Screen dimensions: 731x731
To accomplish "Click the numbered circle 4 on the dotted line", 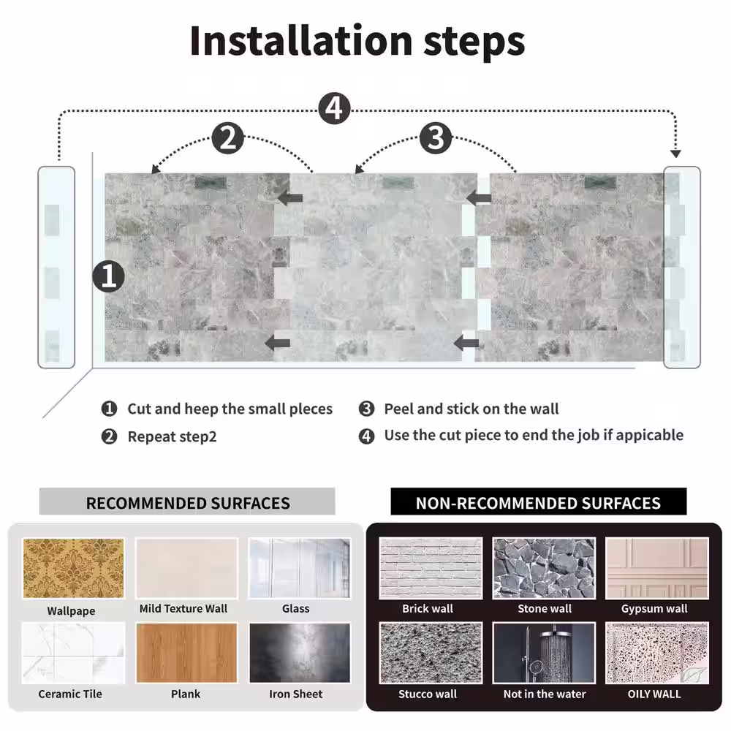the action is (334, 108).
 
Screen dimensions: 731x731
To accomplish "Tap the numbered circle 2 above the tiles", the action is (228, 138).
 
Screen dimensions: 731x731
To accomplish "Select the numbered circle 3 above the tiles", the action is (436, 138).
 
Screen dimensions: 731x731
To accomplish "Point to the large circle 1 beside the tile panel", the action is (109, 276).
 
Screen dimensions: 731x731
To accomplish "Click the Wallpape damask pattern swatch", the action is (73, 568).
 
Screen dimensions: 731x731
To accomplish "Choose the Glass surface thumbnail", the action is (299, 568).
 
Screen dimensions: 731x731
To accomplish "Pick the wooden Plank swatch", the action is (186, 653).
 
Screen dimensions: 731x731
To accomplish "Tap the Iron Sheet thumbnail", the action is (300, 653).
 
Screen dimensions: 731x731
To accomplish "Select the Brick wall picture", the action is (431, 568).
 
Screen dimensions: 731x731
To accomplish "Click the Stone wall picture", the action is (544, 568).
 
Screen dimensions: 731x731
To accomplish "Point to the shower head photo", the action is (544, 653).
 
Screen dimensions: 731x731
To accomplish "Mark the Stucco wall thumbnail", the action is (431, 653).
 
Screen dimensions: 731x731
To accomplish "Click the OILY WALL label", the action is (654, 694).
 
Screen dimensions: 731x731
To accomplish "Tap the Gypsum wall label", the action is (654, 609).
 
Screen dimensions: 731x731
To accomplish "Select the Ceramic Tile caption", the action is (70, 694).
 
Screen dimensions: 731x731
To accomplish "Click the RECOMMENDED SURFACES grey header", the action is (187, 501).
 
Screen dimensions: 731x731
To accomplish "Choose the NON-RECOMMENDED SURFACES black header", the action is (539, 501).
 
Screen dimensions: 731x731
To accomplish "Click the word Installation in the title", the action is (301, 41).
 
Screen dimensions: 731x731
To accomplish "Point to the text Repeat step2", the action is (172, 437).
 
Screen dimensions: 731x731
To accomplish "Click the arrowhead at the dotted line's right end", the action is (675, 154).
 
